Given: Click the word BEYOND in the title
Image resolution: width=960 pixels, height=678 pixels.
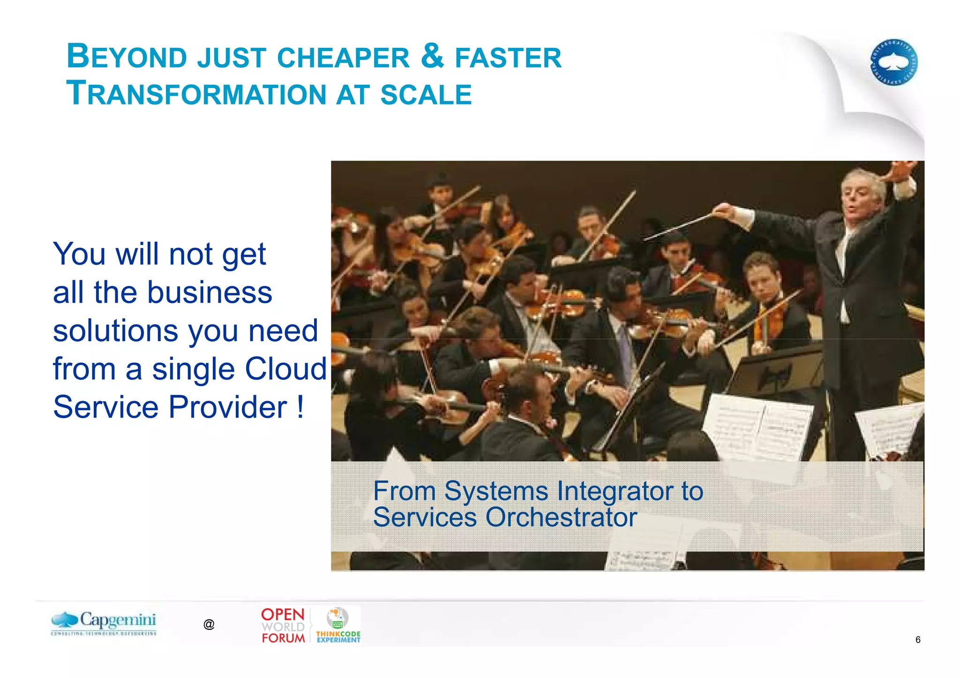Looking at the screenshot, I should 127,56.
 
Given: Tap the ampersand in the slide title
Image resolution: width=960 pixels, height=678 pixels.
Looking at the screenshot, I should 432,55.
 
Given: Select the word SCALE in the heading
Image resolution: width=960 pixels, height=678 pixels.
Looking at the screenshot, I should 426,94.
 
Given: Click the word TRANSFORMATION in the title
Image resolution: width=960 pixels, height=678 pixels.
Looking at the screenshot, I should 195,93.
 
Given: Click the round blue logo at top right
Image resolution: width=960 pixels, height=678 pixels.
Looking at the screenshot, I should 894,62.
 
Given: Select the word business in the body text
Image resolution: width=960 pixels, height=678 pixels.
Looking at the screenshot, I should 210,292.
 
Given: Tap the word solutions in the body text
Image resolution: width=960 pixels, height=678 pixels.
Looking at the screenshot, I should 115,330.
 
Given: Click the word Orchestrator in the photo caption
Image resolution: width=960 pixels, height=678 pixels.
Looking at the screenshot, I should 561,517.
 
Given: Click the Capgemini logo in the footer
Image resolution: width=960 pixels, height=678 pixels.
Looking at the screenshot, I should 104,623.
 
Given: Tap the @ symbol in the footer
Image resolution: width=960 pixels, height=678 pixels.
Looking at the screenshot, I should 209,624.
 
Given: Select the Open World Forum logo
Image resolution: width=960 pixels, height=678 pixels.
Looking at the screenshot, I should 283,625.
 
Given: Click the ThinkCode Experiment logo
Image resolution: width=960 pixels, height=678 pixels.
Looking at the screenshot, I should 338,626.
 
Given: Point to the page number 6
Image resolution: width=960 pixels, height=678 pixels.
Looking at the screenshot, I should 918,640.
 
